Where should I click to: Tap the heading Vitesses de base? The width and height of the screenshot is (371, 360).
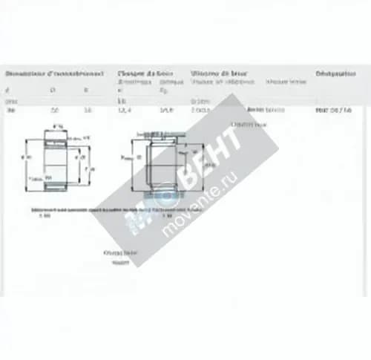tap(219, 74)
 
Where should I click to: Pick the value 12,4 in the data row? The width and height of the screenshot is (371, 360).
tap(124, 111)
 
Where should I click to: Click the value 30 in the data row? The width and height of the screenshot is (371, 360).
tap(10, 111)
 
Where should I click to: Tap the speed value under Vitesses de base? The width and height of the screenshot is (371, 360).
tap(200, 111)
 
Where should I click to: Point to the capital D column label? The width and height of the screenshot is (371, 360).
tap(52, 89)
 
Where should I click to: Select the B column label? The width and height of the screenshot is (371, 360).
tap(87, 89)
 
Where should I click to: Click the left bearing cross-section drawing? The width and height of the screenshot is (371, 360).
tap(59, 159)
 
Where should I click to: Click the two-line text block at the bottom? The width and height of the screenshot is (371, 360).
tap(119, 257)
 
